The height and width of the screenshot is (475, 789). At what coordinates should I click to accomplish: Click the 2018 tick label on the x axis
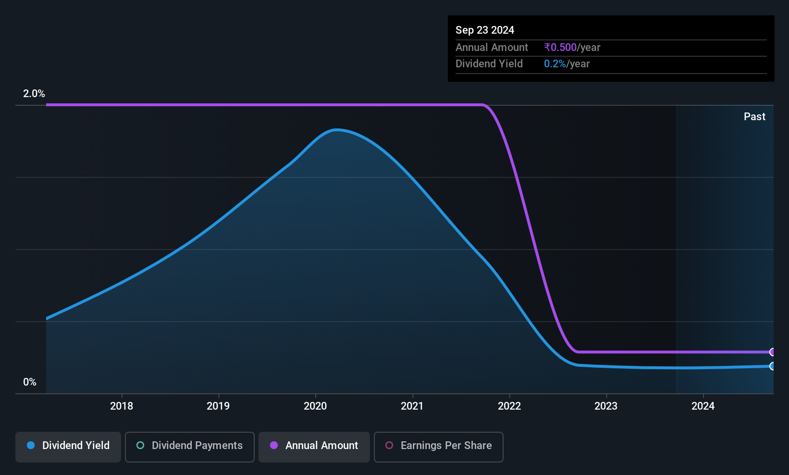122,406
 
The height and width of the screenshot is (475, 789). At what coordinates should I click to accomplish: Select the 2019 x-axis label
218,406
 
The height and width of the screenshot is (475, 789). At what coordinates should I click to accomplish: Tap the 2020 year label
315,406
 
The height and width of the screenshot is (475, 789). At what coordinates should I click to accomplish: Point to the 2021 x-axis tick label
412,406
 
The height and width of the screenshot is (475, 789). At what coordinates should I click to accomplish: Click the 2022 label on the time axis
509,406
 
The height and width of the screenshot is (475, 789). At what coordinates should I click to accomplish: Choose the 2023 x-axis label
606,406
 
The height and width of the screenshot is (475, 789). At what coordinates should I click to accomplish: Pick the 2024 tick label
703,406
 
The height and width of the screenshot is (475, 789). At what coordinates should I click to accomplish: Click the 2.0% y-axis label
34,94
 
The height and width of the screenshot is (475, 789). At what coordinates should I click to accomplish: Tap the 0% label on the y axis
30,382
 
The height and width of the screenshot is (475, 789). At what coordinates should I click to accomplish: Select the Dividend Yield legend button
68,447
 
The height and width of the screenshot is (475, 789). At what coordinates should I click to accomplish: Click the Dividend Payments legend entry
189,447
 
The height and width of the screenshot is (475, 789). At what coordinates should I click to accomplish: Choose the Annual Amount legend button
314,447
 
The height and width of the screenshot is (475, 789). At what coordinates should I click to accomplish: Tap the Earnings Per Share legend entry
439,447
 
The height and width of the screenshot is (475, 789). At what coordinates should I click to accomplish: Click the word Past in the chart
754,117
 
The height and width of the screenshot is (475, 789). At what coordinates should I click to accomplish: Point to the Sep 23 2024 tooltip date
485,30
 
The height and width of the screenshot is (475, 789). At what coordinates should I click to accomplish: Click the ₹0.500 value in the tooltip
560,47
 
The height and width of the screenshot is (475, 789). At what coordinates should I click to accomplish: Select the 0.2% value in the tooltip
555,64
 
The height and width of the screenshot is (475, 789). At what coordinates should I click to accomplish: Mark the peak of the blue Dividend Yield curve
336,130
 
